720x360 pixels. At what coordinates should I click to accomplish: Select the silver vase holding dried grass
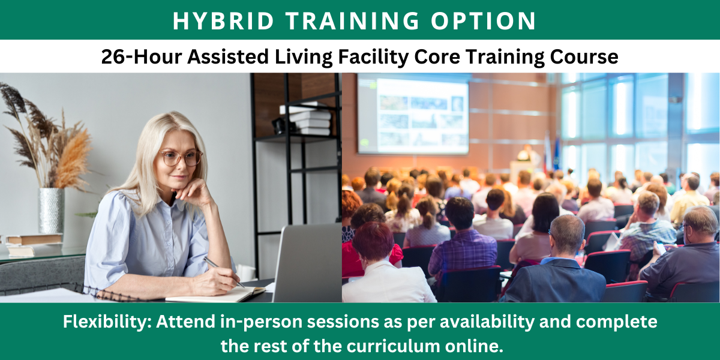click(51, 210)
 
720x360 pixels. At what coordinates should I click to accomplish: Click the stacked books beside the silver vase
click(33, 245)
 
